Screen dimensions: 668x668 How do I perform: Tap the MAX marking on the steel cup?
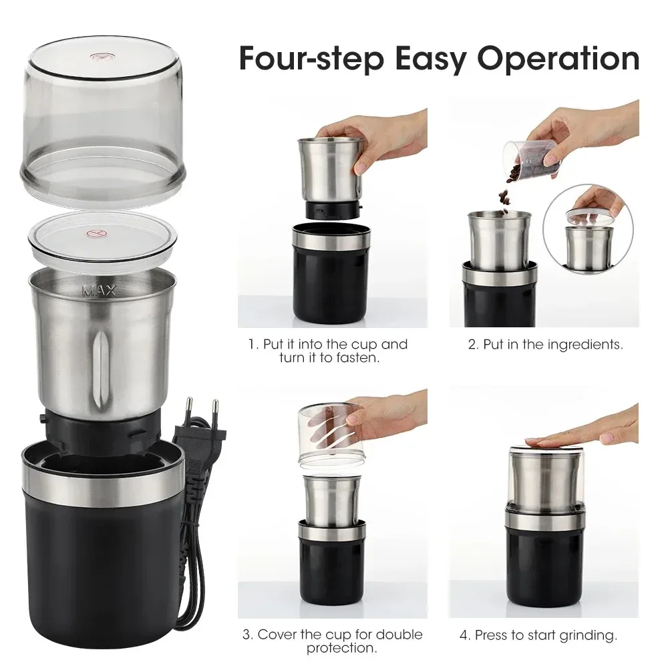pyautogui.click(x=99, y=291)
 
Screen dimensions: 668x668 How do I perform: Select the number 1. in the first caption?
pyautogui.click(x=253, y=345)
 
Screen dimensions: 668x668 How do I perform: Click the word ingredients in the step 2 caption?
pyautogui.click(x=585, y=345)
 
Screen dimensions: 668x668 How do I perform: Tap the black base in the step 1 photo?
pyautogui.click(x=331, y=281)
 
